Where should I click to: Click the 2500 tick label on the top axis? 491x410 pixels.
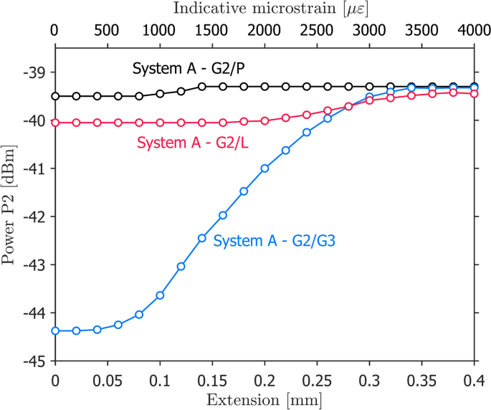click(317, 32)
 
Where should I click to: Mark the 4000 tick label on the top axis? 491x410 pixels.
click(474, 32)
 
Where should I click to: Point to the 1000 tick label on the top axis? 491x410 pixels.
click(160, 32)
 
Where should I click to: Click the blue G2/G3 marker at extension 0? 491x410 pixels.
click(55, 330)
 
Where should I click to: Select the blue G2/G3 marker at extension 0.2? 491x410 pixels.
click(264, 168)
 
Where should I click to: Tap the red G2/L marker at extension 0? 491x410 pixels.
click(55, 123)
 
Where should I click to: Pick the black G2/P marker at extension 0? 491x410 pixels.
click(55, 96)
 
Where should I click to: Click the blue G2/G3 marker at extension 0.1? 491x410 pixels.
click(160, 295)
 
